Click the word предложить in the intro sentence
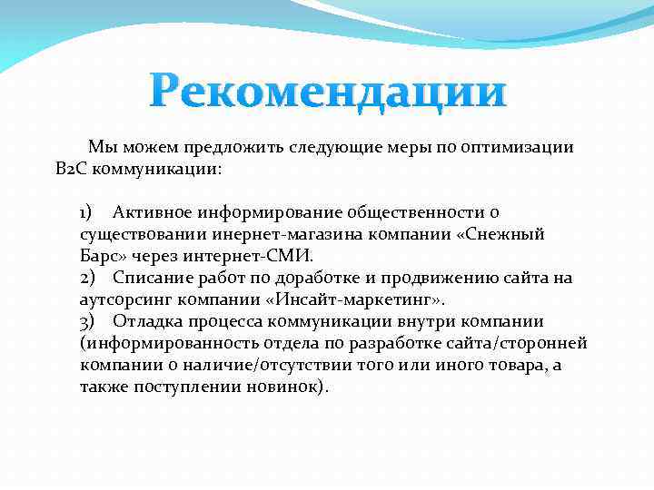coord(234,148)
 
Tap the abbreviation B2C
coord(70,170)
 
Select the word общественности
coord(414,212)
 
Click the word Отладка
coord(146,321)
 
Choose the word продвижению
coord(462,278)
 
